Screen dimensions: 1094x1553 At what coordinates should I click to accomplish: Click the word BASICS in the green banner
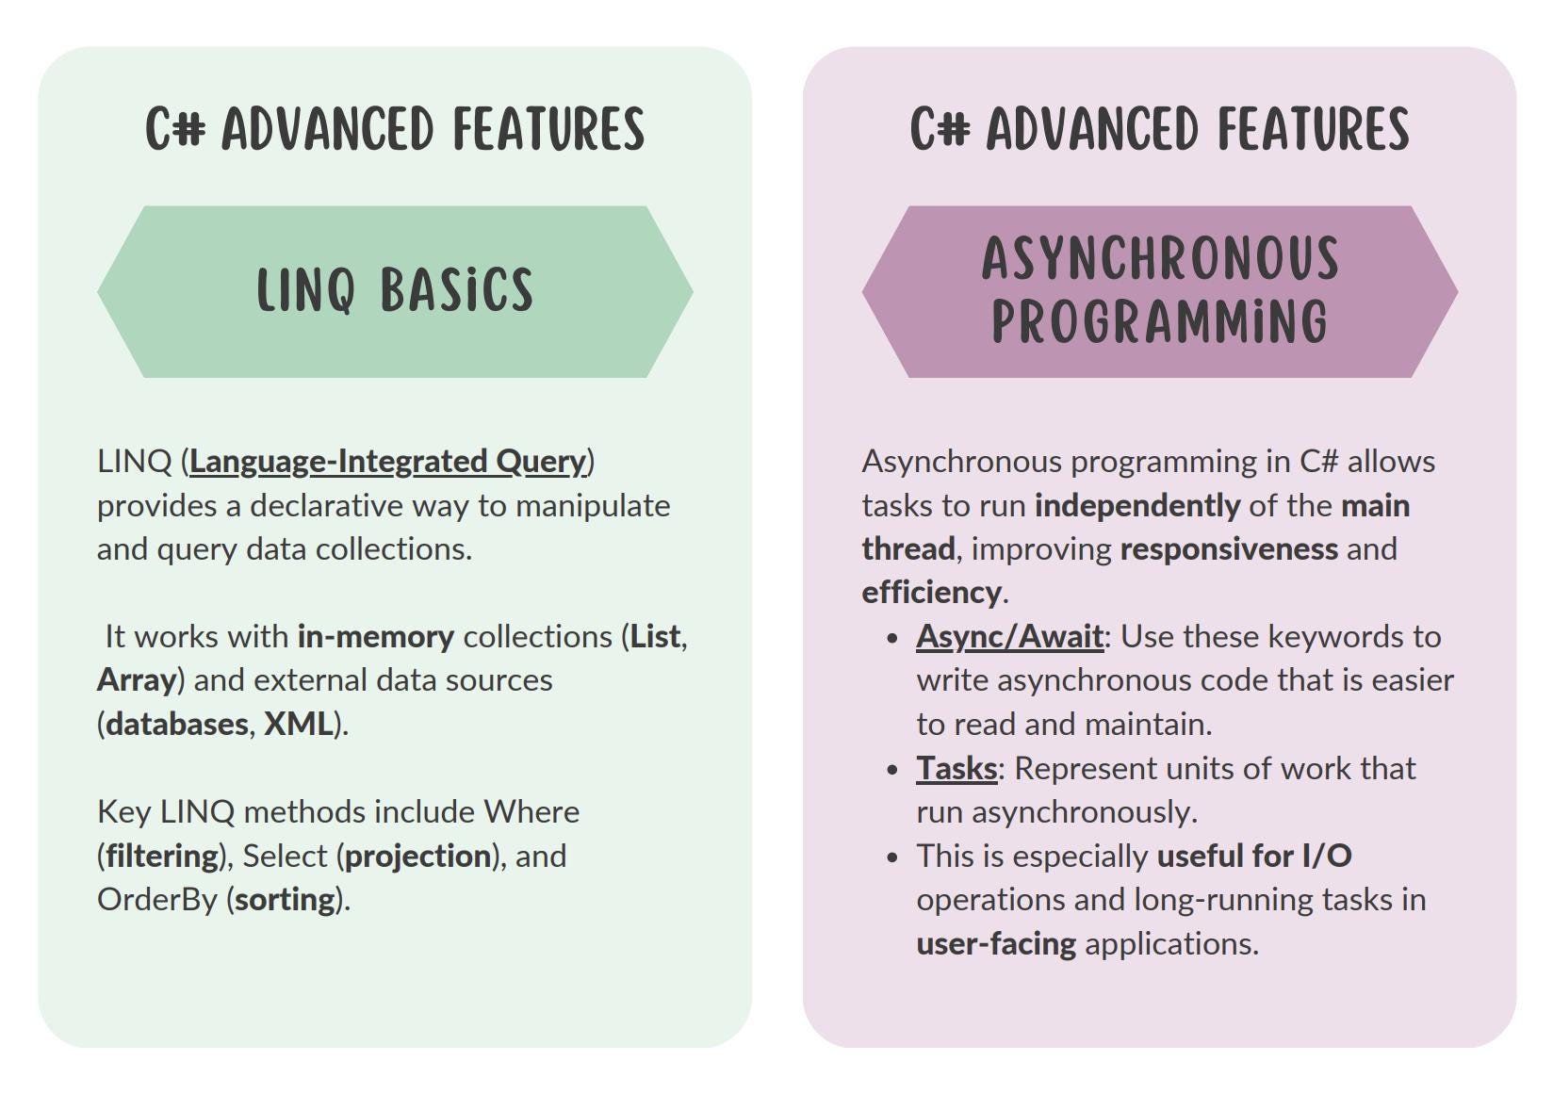[457, 290]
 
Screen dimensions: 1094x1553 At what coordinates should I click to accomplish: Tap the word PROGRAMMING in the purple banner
[1160, 323]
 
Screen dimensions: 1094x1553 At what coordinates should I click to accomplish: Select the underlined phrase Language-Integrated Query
[387, 462]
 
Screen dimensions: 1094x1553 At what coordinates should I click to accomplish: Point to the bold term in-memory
[375, 637]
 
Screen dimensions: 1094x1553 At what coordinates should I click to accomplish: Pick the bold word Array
[137, 680]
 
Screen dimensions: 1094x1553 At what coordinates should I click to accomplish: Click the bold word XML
[298, 725]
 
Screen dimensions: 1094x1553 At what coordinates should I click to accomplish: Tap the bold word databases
[177, 725]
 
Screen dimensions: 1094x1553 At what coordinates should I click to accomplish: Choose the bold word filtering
[162, 857]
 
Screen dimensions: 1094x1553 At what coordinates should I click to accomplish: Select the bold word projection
[417, 857]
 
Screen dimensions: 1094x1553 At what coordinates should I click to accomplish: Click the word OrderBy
[157, 900]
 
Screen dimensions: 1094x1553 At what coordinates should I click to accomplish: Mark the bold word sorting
[285, 900]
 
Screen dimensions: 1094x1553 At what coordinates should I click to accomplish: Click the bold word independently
[1136, 506]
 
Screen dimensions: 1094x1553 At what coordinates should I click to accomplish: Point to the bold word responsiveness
[1228, 549]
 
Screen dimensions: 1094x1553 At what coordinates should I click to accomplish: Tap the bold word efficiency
[931, 593]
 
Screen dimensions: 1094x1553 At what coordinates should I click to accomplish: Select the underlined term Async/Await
[1009, 637]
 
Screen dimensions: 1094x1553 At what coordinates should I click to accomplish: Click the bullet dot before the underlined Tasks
[892, 770]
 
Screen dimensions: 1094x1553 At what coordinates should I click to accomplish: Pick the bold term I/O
[1327, 857]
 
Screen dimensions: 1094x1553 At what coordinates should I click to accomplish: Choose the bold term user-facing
[996, 944]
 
